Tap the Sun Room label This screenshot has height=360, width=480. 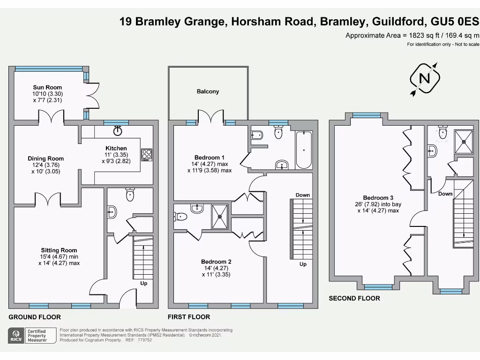coord(47,87)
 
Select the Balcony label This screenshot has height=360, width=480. coord(208,91)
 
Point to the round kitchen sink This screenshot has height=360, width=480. coord(118,131)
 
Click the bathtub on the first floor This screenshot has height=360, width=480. coord(304,150)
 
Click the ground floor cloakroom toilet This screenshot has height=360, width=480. coord(130,195)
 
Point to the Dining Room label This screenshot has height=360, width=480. coord(45,158)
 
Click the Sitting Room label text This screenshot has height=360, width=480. coord(59,250)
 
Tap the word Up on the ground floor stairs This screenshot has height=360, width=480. coord(144,283)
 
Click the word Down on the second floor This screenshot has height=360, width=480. coord(445,194)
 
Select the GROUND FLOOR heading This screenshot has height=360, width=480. coord(35,317)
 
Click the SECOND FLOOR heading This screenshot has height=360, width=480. coord(354,298)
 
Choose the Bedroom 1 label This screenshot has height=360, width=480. coord(210,157)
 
